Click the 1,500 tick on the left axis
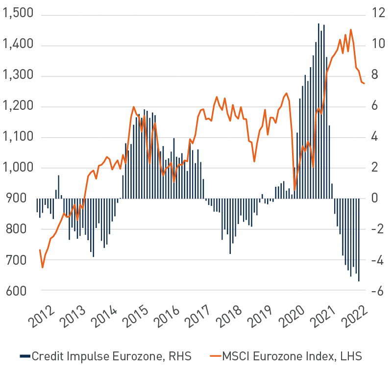tap(18, 13)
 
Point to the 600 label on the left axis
tap(17, 291)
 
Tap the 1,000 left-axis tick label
tap(18, 167)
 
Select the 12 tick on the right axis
tap(378, 13)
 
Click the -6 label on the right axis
tap(377, 291)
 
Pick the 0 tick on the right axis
tap(374, 198)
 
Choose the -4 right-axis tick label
tap(377, 260)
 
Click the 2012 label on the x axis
tap(42, 316)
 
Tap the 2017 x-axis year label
tap(198, 316)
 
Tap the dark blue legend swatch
tap(25, 356)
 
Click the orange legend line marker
tap(216, 356)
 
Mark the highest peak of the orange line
tap(351, 30)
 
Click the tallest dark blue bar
tap(318, 111)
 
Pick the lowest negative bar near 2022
tap(359, 240)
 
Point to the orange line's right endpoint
tap(364, 83)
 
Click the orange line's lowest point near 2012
tap(43, 268)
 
